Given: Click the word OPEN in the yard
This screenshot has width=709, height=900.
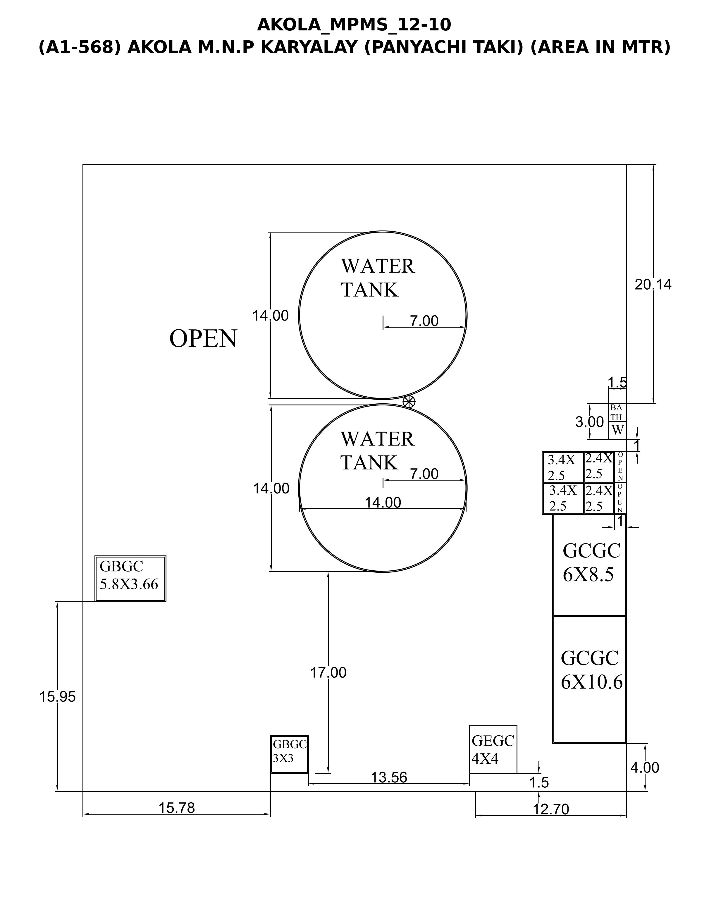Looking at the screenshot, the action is click(203, 339).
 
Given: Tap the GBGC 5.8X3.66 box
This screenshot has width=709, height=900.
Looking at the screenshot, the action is click(131, 578).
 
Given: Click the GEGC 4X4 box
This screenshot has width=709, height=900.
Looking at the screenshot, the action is click(493, 749).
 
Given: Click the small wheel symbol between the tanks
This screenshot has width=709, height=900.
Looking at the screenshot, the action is click(409, 401).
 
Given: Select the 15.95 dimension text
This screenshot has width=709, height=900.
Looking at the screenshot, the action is click(58, 697).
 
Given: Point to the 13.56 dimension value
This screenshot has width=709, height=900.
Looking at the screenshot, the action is click(389, 777).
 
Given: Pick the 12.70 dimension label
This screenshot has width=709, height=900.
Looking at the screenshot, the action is click(551, 810).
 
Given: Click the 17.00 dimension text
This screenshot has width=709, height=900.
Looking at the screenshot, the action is click(328, 672).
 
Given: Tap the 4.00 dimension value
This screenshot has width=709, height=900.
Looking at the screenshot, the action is click(645, 768).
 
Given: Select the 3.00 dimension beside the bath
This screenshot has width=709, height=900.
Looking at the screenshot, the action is click(589, 422).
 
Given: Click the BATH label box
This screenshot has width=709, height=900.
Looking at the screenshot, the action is click(617, 413).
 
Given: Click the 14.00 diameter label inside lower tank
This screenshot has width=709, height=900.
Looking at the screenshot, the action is click(383, 503).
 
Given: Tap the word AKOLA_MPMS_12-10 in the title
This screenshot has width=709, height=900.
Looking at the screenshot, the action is click(354, 25).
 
